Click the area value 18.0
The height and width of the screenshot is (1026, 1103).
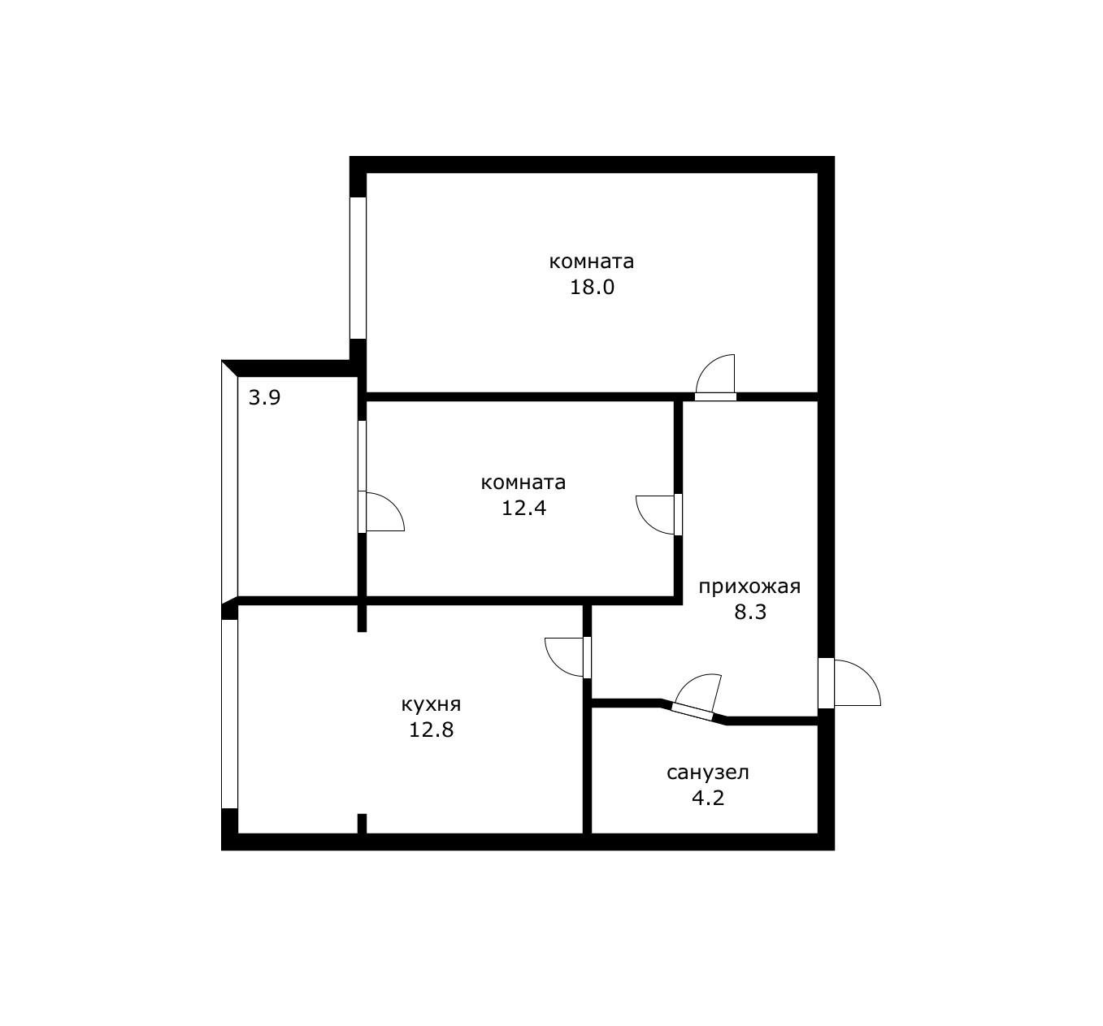click(x=592, y=288)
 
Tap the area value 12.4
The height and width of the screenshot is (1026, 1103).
click(x=523, y=509)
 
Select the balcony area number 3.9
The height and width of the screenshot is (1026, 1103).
click(x=264, y=398)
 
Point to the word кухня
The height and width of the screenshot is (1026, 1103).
click(x=431, y=703)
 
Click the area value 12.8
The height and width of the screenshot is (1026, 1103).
click(x=431, y=729)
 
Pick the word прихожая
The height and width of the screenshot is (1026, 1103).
click(x=749, y=587)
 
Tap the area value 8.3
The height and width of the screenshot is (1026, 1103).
click(x=750, y=612)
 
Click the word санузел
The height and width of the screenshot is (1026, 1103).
click(x=707, y=773)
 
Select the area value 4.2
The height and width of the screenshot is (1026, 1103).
click(x=707, y=798)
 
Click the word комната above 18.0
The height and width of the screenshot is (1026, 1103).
click(x=592, y=262)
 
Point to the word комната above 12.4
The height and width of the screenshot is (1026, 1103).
click(x=523, y=483)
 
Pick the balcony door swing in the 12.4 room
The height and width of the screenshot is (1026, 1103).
click(x=384, y=512)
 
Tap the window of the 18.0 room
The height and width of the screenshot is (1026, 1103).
click(x=358, y=267)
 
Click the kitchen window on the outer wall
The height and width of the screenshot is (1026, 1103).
click(x=229, y=714)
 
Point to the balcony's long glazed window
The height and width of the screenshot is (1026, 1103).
click(x=229, y=483)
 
